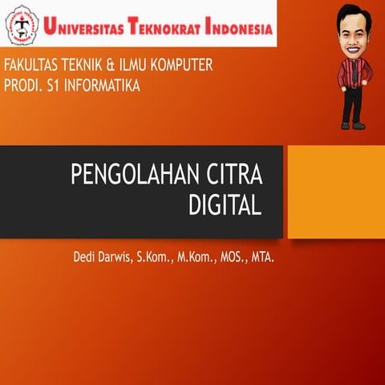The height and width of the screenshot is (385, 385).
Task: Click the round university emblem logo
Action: tap(22, 27)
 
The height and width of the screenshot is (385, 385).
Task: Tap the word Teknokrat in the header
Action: tap(172, 30)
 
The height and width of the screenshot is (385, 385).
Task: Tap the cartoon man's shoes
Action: tap(353, 124)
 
